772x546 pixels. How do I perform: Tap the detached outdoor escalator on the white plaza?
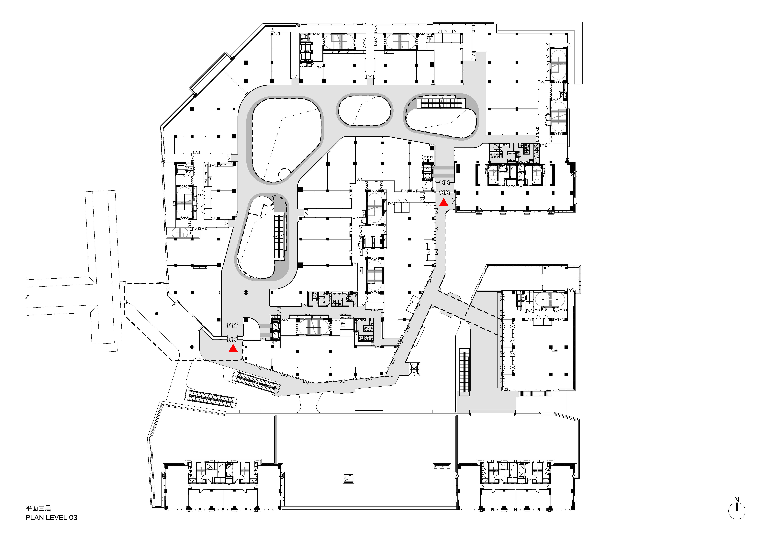(x=211, y=399)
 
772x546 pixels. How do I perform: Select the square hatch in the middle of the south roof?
(x=348, y=478)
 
